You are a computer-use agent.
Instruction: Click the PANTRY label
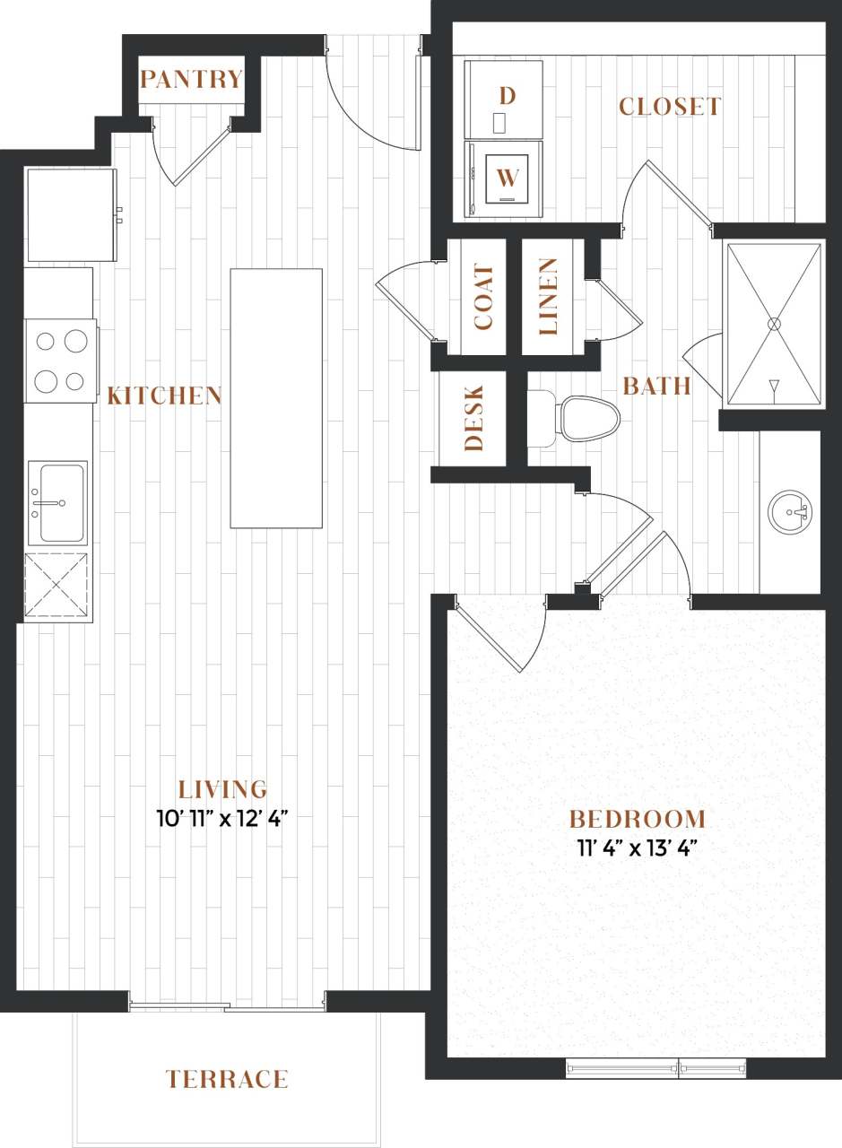pyautogui.click(x=191, y=80)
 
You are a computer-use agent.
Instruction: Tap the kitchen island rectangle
pyautogui.click(x=276, y=398)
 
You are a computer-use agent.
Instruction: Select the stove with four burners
pyautogui.click(x=60, y=361)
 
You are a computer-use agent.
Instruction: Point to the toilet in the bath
pyautogui.click(x=583, y=417)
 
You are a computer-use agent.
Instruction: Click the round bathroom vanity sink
pyautogui.click(x=790, y=512)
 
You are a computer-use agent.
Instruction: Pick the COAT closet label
pyautogui.click(x=483, y=298)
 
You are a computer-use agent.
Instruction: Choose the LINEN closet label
pyautogui.click(x=548, y=297)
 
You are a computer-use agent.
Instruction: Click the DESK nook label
pyautogui.click(x=474, y=418)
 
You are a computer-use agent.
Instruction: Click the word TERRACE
pyautogui.click(x=227, y=1079)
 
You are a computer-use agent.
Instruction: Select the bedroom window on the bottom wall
pyautogui.click(x=656, y=1067)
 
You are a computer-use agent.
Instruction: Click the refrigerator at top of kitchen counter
pyautogui.click(x=71, y=214)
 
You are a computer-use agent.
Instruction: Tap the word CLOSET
pyautogui.click(x=669, y=107)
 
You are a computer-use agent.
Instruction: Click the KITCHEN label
pyautogui.click(x=164, y=396)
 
